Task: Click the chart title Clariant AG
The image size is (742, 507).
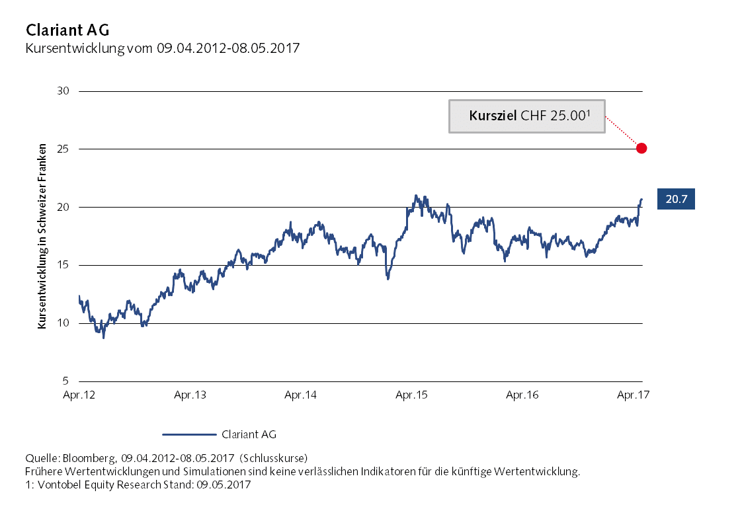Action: tap(67, 30)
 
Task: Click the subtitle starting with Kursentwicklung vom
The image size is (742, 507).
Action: tap(162, 48)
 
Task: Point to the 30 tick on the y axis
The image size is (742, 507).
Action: tap(64, 91)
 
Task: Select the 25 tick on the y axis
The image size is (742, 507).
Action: tap(64, 149)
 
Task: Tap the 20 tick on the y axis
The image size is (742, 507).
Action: tap(64, 208)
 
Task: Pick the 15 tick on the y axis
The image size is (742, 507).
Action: tap(64, 266)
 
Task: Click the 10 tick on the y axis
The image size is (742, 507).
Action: tap(64, 323)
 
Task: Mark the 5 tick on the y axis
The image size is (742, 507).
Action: tap(66, 381)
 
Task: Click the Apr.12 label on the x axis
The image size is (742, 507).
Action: tap(79, 395)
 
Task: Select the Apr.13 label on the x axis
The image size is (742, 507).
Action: tap(190, 395)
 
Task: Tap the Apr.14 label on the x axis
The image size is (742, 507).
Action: tap(300, 395)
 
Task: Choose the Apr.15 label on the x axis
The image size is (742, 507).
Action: tap(411, 395)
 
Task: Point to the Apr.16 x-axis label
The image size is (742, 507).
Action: tap(522, 395)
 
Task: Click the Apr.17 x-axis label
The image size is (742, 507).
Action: tap(632, 395)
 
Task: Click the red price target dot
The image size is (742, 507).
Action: tap(641, 148)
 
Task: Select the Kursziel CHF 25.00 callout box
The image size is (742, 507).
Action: tap(527, 116)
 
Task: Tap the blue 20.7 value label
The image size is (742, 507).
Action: tap(676, 198)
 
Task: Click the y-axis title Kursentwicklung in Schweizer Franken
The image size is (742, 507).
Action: tap(41, 236)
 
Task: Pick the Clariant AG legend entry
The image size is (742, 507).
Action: tap(219, 434)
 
